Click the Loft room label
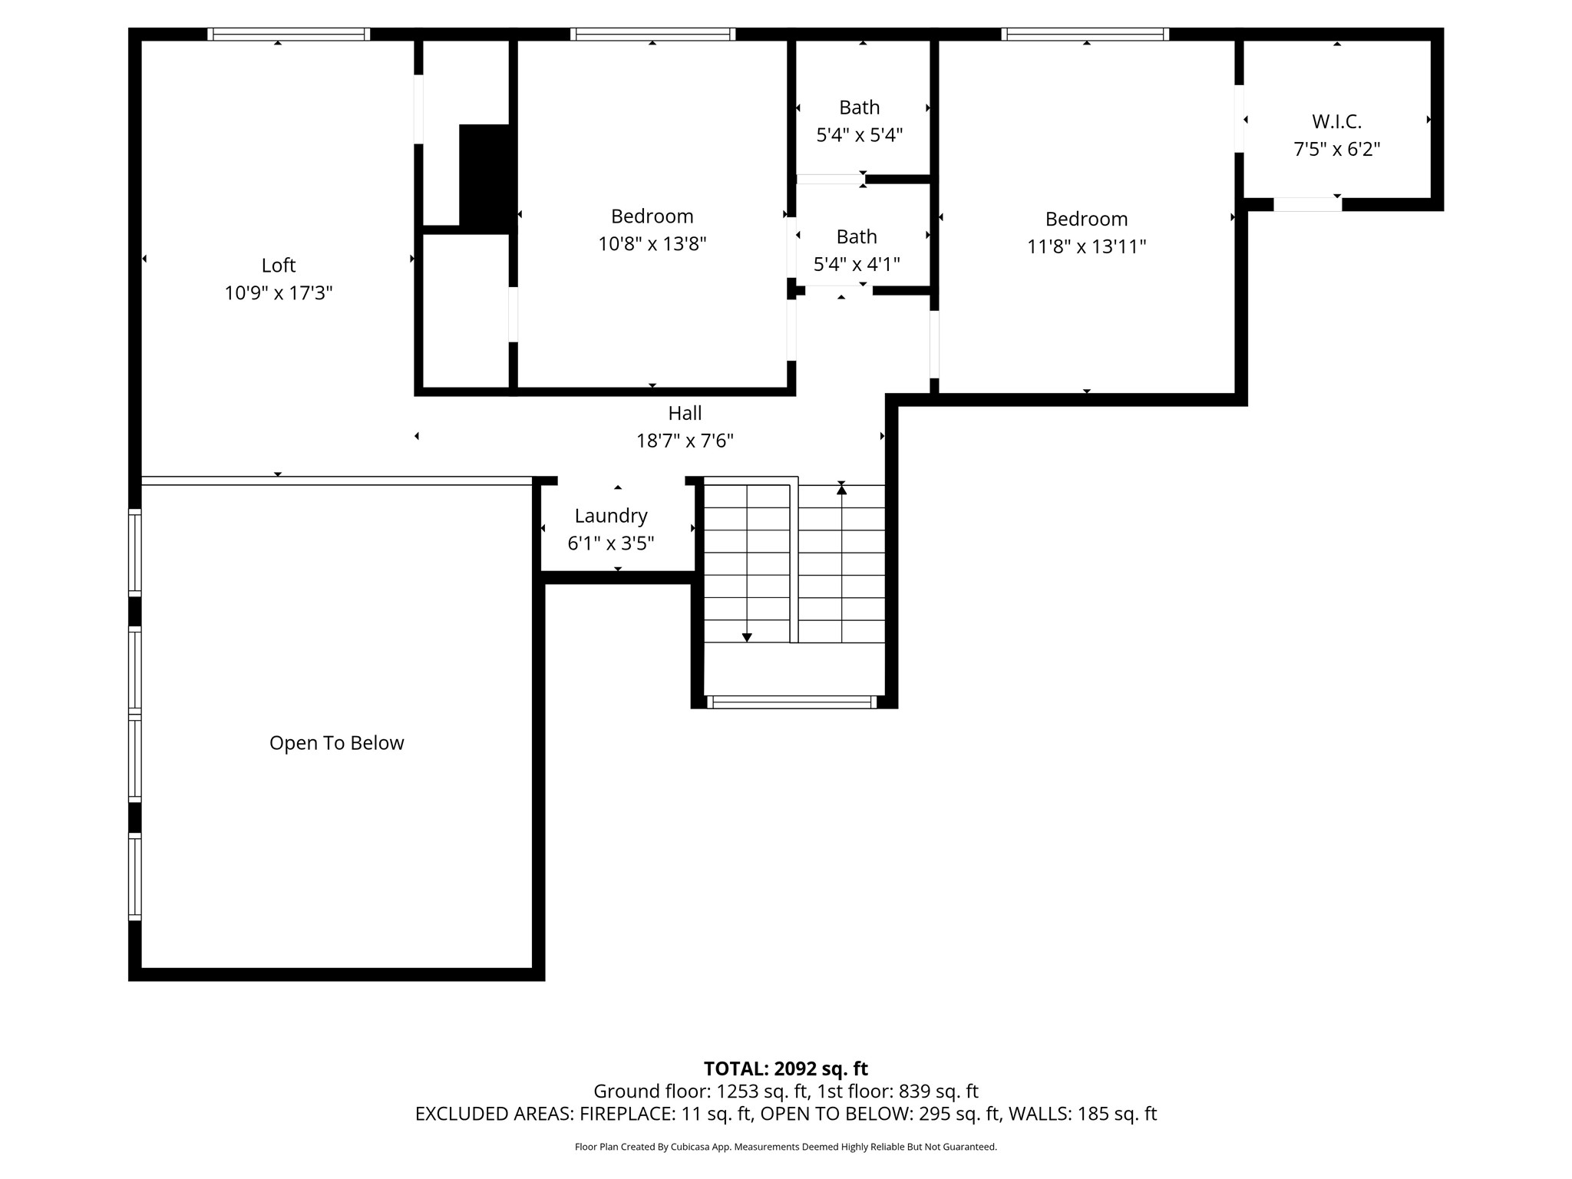(x=278, y=266)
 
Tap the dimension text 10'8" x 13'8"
(x=652, y=244)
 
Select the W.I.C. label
(x=1336, y=121)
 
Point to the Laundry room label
(x=611, y=516)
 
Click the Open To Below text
(x=336, y=743)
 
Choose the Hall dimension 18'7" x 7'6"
(x=685, y=441)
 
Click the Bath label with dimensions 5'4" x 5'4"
(x=859, y=107)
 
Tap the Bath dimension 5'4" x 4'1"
(x=857, y=265)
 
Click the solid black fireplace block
(x=484, y=177)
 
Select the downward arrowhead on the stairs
(x=747, y=637)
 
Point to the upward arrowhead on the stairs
(x=841, y=489)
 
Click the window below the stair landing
(x=791, y=702)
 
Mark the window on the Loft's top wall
(x=289, y=34)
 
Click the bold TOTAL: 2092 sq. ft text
(x=785, y=1068)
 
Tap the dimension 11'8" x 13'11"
(x=1086, y=247)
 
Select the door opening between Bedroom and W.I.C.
(x=1239, y=119)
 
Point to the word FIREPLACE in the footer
(x=626, y=1114)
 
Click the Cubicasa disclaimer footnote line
(x=785, y=1147)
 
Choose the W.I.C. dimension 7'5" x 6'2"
(x=1336, y=150)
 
